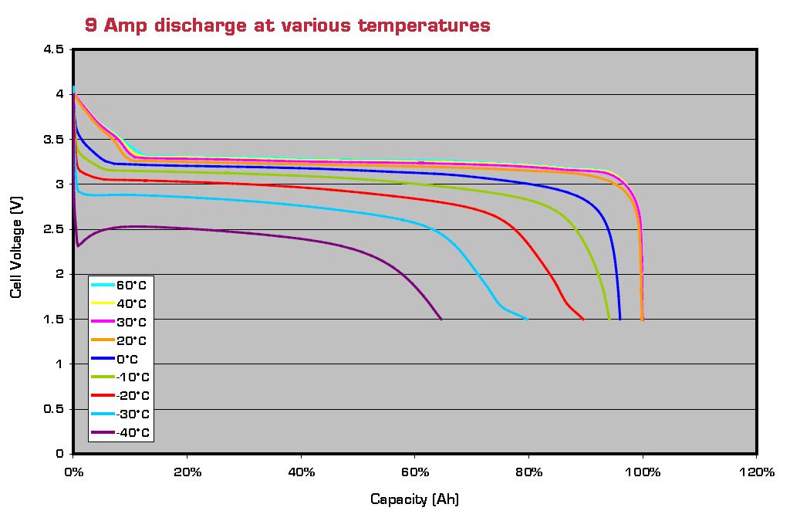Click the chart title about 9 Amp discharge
coord(287,25)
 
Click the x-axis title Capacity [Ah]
coord(414,499)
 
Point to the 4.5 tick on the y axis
coord(54,49)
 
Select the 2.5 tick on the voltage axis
coord(54,229)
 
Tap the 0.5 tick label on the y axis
coord(54,409)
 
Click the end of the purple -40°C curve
coord(441,319)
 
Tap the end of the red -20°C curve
coord(583,319)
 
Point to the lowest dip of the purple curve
coord(78,245)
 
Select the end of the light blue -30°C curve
coord(527,319)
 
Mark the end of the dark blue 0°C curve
coord(620,319)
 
